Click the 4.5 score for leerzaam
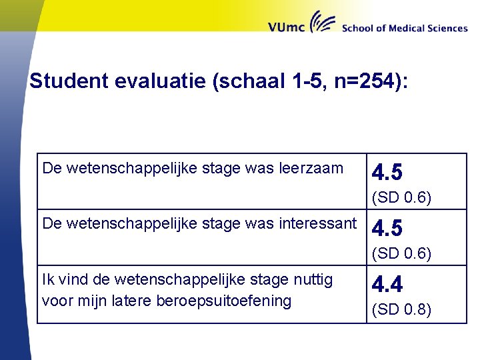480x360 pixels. [x=387, y=173]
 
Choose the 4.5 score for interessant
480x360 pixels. [x=387, y=229]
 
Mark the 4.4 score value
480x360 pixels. [x=387, y=285]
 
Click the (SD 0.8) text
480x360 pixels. [x=401, y=310]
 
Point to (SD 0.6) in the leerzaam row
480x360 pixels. [x=401, y=198]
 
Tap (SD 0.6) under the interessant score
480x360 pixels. [x=401, y=254]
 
